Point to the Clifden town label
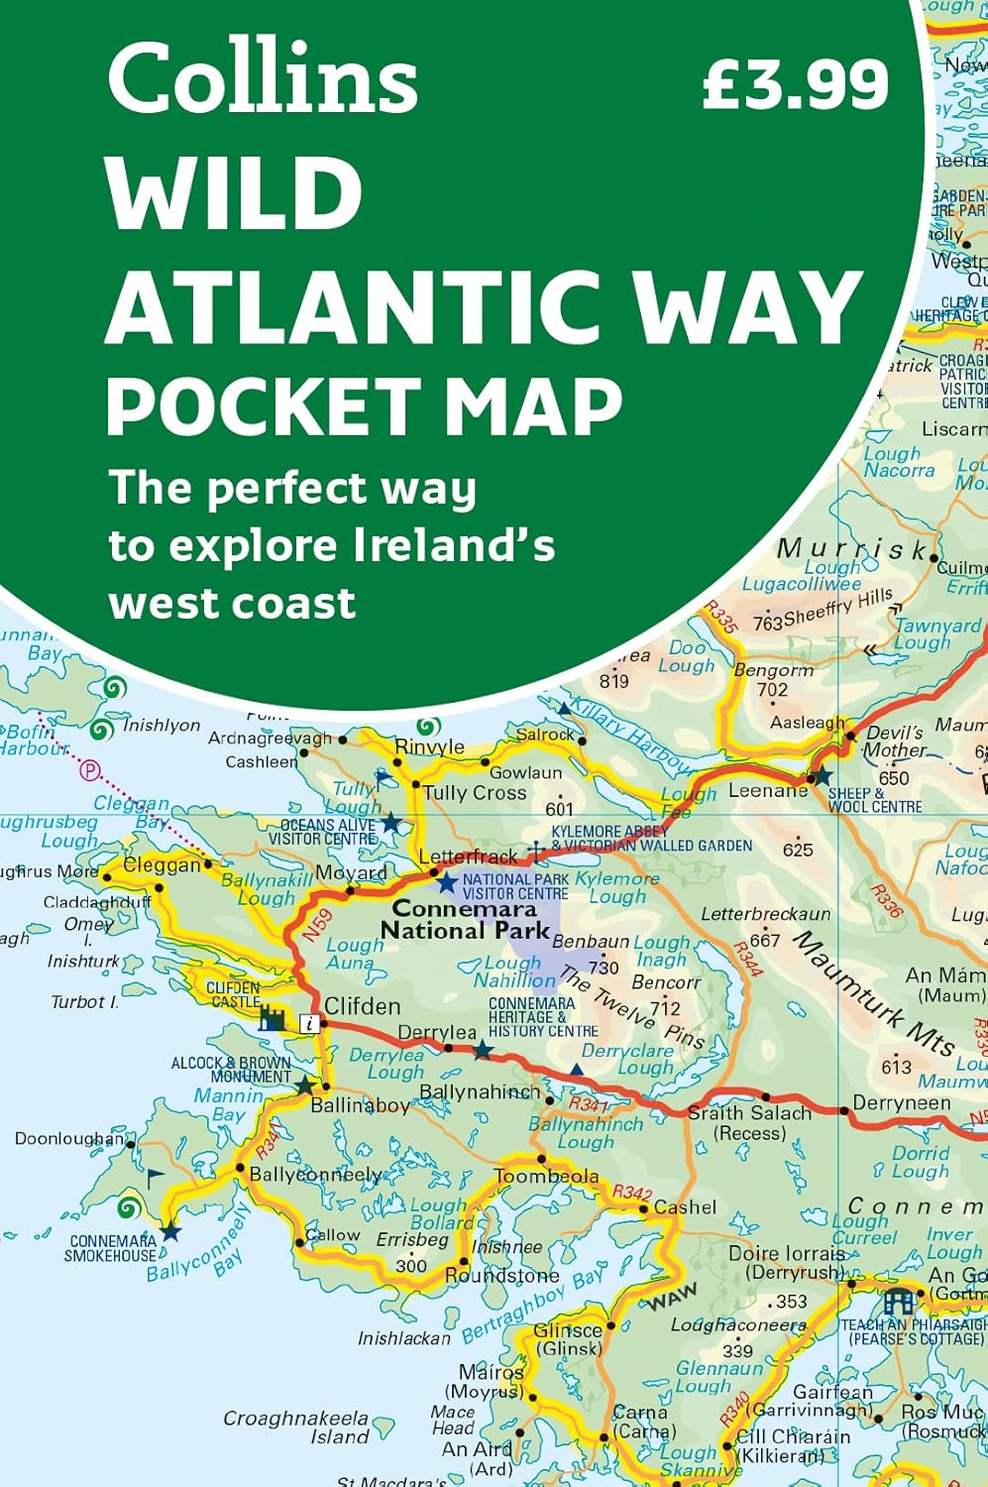point(363,1006)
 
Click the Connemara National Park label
point(465,920)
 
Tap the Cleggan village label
point(162,865)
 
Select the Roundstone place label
point(501,1276)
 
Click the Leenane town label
point(768,790)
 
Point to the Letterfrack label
point(468,857)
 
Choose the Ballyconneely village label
point(315,1175)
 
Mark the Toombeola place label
point(546,1177)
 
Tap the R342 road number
point(631,1193)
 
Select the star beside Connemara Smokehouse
point(170,1232)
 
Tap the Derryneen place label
point(901,1103)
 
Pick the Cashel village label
point(685,1207)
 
